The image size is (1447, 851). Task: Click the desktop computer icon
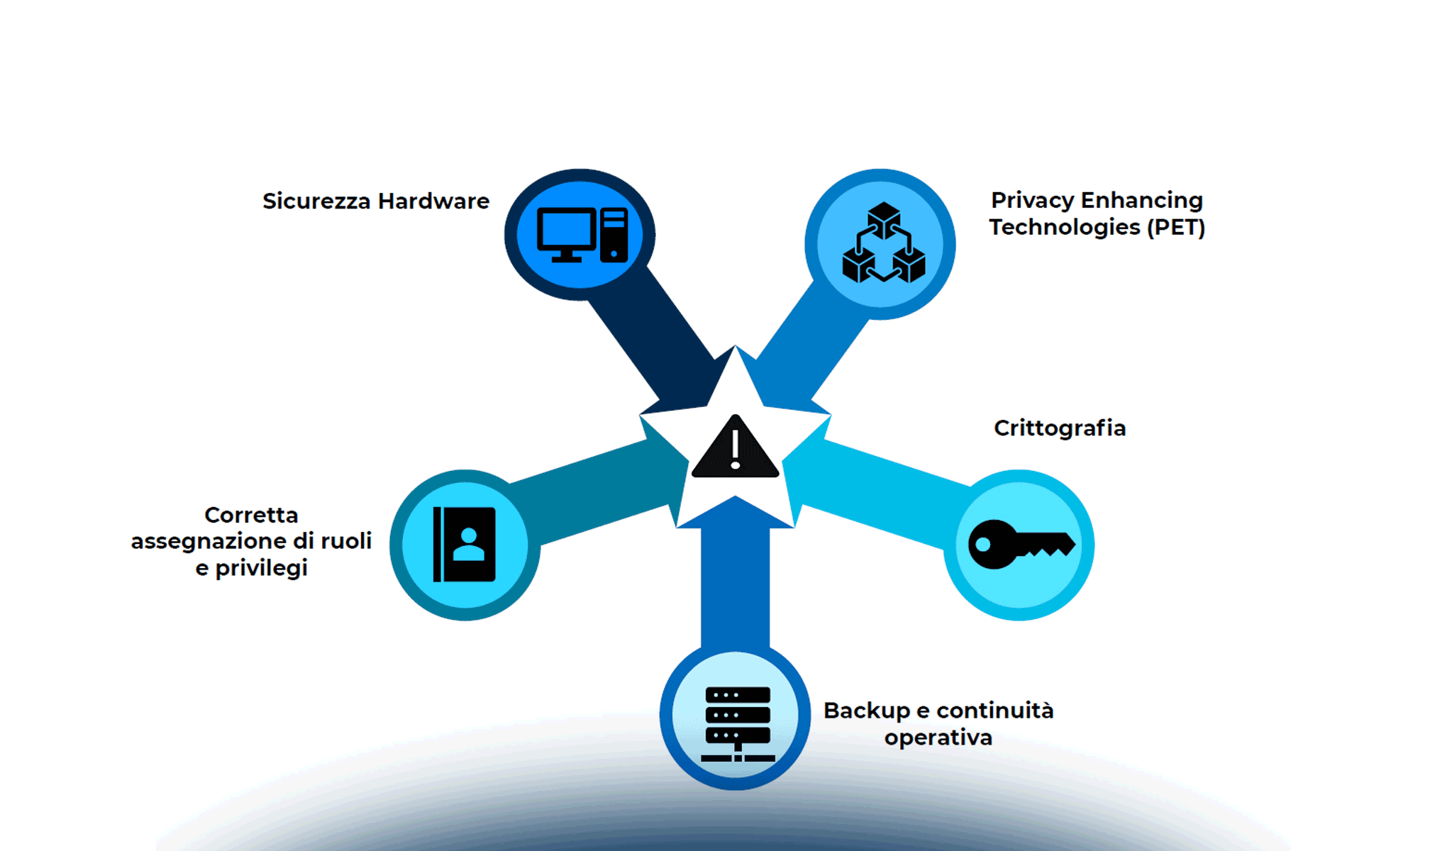coord(582,235)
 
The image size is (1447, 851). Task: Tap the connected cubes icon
coord(883,243)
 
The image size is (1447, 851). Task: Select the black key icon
coord(1021,544)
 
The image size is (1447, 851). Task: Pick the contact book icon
coord(465,544)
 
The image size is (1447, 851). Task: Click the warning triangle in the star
coord(735,449)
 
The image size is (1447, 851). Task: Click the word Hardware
coord(433,201)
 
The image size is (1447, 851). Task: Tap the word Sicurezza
coord(316,201)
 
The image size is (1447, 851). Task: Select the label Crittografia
coord(1060,428)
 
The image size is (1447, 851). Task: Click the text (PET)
coord(1176,228)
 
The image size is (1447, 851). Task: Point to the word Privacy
coord(1032,201)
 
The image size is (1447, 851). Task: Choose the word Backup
coord(866,711)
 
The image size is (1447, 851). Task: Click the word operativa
coord(938,738)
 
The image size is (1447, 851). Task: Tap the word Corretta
coord(251,515)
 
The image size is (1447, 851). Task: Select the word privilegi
coord(262,569)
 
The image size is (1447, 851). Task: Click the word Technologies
coord(1065,228)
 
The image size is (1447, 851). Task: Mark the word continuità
coord(994,711)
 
